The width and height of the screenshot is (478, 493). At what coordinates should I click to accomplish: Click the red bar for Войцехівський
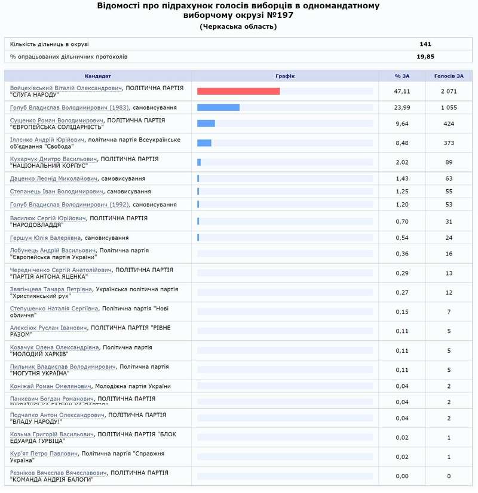(x=238, y=91)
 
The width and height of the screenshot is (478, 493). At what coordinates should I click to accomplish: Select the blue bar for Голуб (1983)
(x=218, y=107)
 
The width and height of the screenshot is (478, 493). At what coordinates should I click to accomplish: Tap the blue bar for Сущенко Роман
(x=206, y=124)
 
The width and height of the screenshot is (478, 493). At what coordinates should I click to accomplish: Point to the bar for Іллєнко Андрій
(x=204, y=143)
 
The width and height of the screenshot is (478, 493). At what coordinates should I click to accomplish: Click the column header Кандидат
(x=97, y=76)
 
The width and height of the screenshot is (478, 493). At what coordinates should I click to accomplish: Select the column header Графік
(x=285, y=76)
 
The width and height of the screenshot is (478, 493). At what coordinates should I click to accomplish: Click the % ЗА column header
(x=402, y=76)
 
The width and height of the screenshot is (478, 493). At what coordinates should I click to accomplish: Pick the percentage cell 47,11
(x=402, y=91)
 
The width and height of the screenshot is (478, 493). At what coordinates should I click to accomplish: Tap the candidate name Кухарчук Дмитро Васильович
(x=54, y=159)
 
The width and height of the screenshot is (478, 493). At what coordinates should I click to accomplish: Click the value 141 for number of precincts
(x=425, y=44)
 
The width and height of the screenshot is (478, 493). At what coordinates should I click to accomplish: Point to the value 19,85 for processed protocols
(x=425, y=57)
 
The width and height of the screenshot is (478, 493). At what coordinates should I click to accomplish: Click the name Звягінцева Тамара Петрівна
(x=51, y=289)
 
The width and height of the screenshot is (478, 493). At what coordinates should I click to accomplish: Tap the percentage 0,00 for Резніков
(x=402, y=476)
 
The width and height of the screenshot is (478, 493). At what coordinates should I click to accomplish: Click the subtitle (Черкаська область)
(x=238, y=27)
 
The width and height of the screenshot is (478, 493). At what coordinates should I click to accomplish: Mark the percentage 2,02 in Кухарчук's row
(x=402, y=162)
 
